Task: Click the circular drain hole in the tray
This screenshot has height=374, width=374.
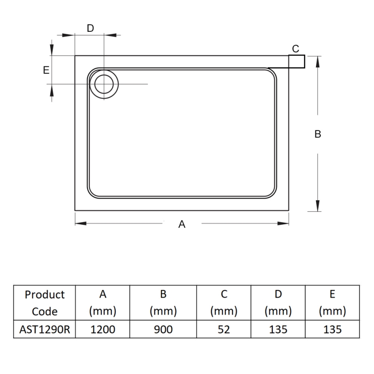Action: click(x=103, y=84)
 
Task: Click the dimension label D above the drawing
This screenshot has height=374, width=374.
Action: click(x=90, y=28)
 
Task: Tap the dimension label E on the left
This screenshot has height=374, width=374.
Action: click(x=46, y=70)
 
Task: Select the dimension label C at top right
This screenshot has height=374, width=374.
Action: click(x=295, y=49)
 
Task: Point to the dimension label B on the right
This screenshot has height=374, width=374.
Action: click(x=317, y=134)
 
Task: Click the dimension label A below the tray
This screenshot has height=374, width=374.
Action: click(x=182, y=224)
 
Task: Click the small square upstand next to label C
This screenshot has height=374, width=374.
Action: click(x=297, y=61)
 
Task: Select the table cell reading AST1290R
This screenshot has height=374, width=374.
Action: click(x=45, y=329)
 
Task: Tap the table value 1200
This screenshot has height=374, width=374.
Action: click(x=102, y=329)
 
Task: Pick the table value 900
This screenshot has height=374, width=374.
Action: click(x=163, y=329)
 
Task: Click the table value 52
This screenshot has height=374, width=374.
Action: click(x=224, y=329)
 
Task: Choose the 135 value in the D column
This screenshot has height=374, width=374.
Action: click(x=278, y=329)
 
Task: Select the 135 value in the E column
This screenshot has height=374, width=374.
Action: click(x=332, y=329)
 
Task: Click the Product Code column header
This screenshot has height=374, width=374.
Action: click(x=45, y=303)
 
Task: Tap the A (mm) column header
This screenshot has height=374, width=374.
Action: click(x=102, y=303)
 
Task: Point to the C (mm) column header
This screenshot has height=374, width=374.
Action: click(x=224, y=303)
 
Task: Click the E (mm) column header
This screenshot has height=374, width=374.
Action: click(x=332, y=303)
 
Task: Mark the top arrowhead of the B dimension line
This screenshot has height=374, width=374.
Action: click(x=318, y=61)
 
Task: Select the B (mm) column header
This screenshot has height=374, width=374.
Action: click(x=163, y=303)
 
